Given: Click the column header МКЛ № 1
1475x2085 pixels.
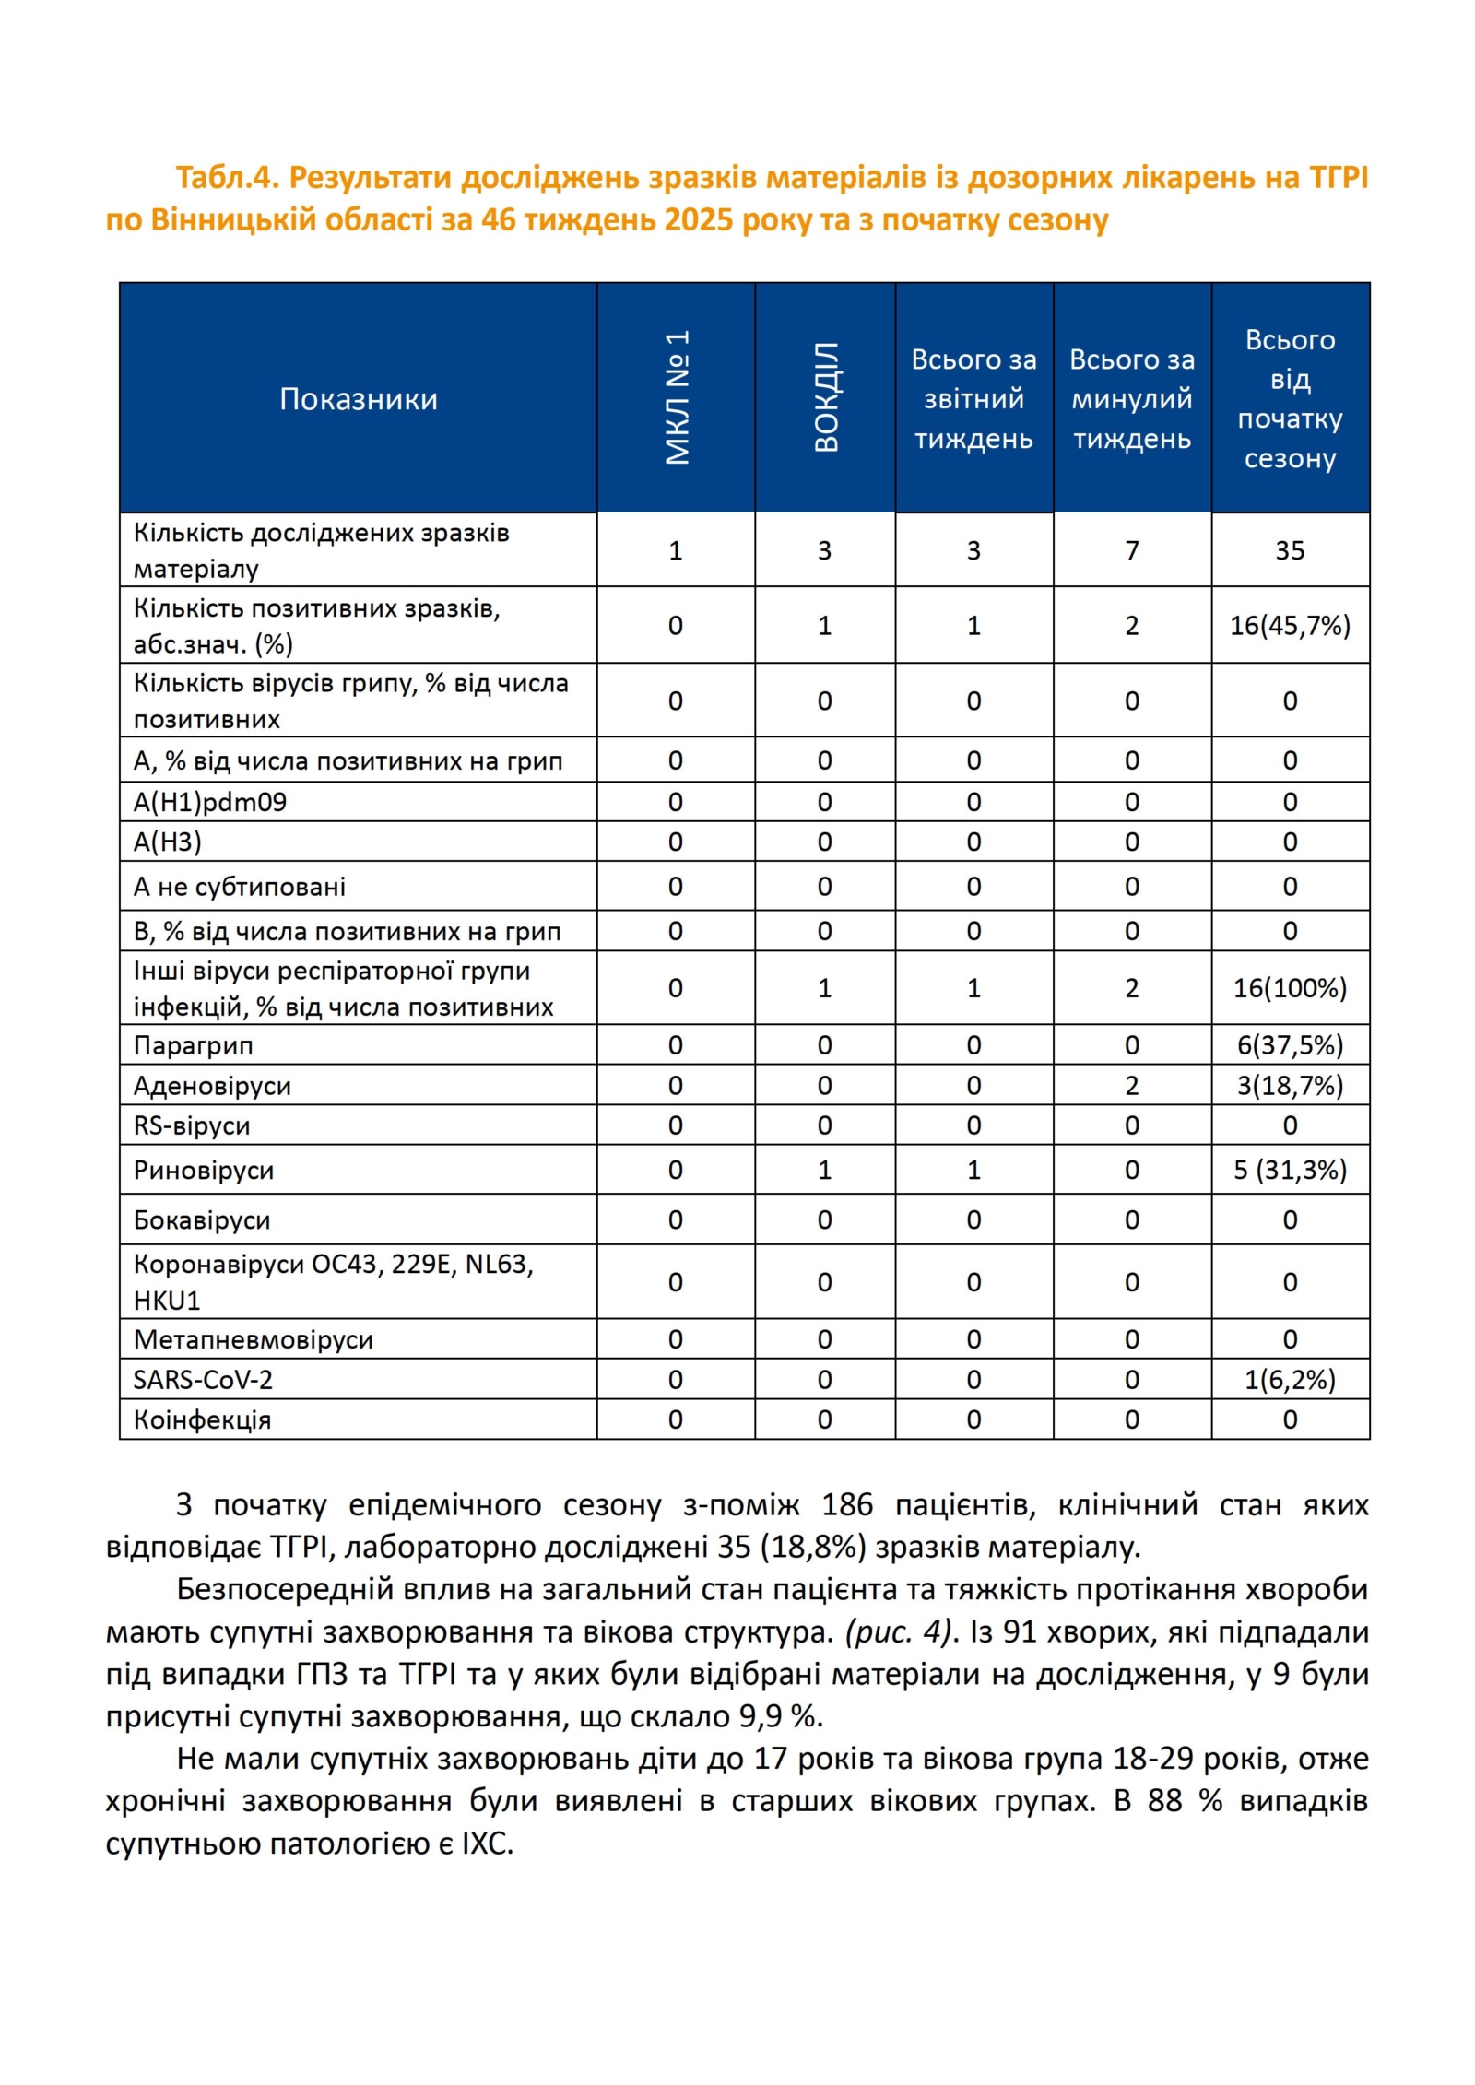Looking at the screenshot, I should click(x=677, y=397).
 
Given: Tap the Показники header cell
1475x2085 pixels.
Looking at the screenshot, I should click(x=358, y=399).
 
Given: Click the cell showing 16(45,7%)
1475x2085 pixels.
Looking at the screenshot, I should click(x=1289, y=626).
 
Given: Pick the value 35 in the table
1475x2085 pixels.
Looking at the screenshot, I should click(x=1289, y=550).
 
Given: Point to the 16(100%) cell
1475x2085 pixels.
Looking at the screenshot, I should click(x=1289, y=988).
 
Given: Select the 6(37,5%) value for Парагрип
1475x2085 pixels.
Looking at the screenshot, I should click(x=1289, y=1045).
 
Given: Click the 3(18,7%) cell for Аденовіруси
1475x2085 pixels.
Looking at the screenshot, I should click(x=1289, y=1086).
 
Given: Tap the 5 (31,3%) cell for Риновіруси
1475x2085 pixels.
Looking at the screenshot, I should click(x=1289, y=1170).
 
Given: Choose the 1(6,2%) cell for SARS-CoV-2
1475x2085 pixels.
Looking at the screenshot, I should click(x=1289, y=1380).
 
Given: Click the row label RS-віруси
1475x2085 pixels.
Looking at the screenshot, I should click(x=192, y=1125).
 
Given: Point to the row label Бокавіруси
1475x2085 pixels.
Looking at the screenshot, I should click(x=202, y=1220).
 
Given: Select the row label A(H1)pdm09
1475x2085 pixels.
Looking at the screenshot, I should click(x=210, y=802).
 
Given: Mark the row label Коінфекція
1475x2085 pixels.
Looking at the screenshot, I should click(x=202, y=1419).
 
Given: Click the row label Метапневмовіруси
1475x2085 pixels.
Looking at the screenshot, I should click(x=254, y=1339).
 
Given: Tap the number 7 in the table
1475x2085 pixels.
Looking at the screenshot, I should click(x=1131, y=550).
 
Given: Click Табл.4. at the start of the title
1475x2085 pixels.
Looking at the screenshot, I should click(x=227, y=177).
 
